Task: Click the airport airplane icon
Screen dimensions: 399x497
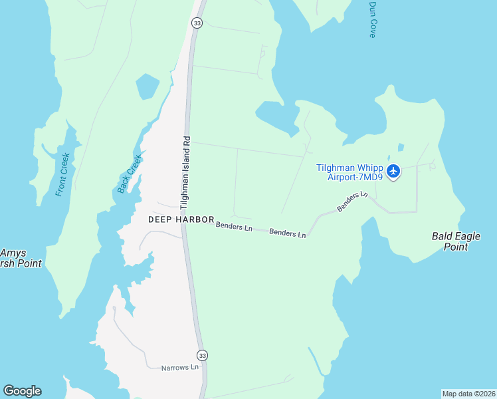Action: [393, 172]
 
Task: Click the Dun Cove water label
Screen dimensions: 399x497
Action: [373, 19]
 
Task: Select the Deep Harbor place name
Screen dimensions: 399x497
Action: [181, 219]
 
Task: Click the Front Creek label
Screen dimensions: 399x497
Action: [63, 174]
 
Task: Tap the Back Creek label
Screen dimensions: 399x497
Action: [130, 174]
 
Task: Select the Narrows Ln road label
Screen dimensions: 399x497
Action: [180, 367]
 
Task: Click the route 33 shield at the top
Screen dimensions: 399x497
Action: [197, 23]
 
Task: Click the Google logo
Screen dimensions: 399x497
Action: [22, 391]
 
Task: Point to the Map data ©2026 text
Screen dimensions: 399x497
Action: [468, 394]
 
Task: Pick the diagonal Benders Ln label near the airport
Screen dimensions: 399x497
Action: [351, 201]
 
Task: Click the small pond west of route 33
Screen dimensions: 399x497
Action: [147, 86]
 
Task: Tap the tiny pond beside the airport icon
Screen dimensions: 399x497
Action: [400, 148]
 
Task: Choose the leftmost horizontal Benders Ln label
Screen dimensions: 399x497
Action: [234, 228]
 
